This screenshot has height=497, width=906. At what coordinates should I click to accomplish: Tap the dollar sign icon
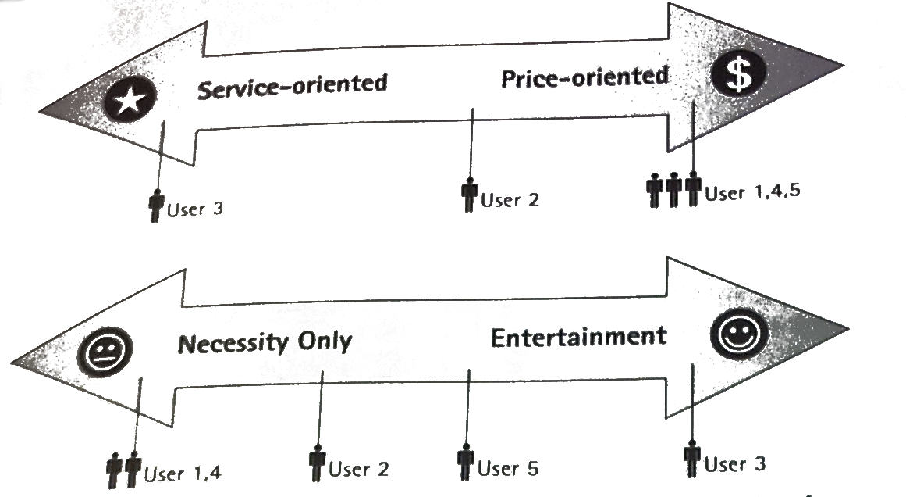click(738, 74)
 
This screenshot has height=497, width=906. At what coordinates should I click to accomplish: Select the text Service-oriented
click(293, 86)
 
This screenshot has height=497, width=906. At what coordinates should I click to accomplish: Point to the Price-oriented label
click(584, 78)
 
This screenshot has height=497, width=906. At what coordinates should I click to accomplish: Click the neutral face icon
click(105, 352)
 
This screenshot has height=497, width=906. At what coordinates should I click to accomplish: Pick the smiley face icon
click(740, 334)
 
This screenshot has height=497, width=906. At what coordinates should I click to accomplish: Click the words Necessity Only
click(265, 342)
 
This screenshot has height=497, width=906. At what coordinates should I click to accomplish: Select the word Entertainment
click(578, 338)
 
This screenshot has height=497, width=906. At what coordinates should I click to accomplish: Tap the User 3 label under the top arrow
click(195, 209)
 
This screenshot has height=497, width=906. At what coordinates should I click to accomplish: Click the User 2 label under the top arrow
click(510, 200)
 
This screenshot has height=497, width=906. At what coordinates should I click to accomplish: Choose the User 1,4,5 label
click(752, 192)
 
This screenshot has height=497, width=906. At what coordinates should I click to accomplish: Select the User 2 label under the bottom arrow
click(359, 469)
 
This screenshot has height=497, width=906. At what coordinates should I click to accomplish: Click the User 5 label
click(508, 468)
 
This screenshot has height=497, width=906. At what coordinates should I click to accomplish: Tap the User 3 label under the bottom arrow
click(735, 464)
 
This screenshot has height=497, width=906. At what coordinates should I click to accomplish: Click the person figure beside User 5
click(466, 462)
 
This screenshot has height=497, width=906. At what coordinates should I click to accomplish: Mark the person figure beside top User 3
click(156, 204)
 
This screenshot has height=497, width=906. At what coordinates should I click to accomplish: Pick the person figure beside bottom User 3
click(692, 458)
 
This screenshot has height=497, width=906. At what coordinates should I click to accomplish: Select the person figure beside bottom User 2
click(317, 463)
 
